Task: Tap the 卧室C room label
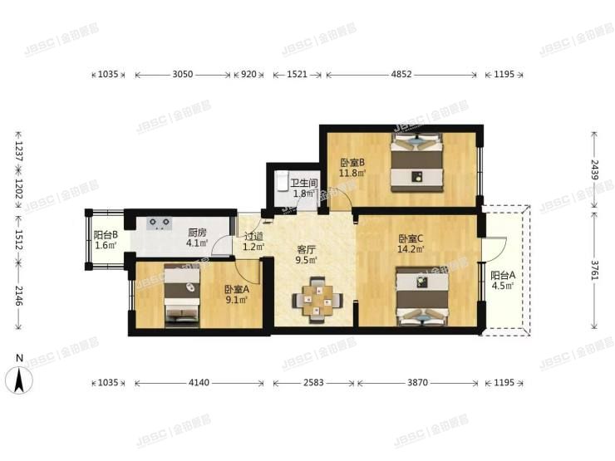coord(411,237)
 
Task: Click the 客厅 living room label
coord(307,248)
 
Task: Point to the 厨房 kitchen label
coord(197,233)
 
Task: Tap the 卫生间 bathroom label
coord(305,183)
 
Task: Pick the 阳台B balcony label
coord(106,235)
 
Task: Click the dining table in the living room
coord(316,299)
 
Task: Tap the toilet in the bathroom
coord(283,180)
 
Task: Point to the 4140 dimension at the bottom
coord(203,383)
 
